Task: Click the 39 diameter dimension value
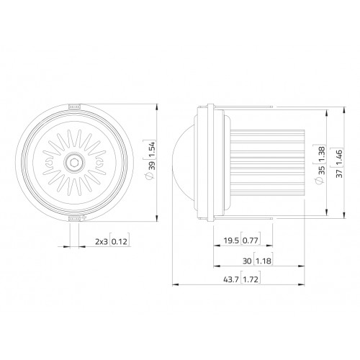(x=152, y=166)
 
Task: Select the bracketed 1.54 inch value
(x=152, y=149)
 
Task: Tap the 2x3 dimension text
(x=102, y=241)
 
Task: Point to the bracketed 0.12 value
(x=120, y=241)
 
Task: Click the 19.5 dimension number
(x=231, y=240)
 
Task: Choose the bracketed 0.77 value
(x=250, y=240)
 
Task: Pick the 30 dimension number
(x=247, y=261)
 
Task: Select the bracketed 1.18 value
(x=264, y=261)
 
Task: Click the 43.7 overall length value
(x=231, y=279)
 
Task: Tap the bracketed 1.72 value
(x=251, y=279)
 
